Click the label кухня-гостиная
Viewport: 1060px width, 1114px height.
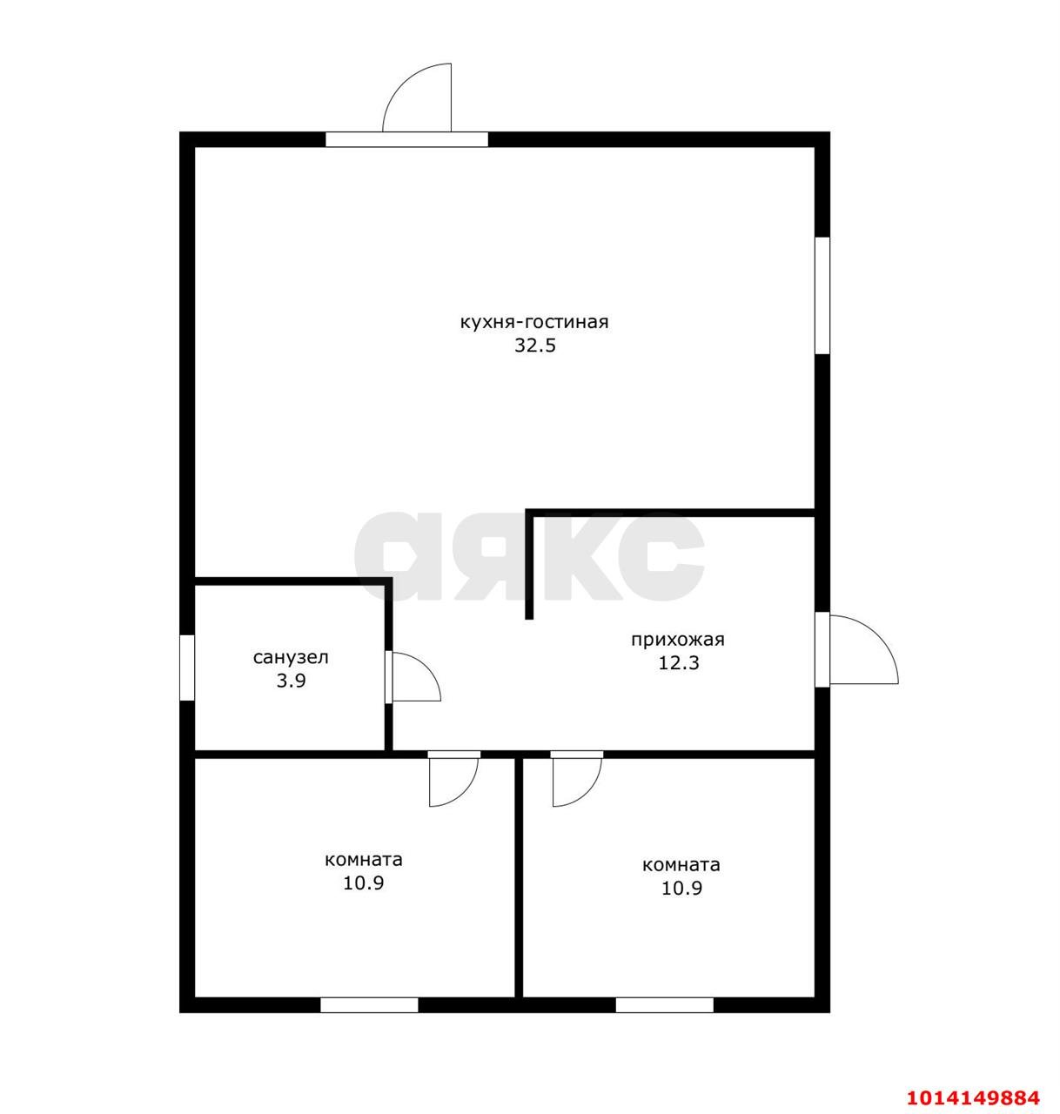click(534, 322)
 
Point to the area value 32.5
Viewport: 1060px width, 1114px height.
click(535, 346)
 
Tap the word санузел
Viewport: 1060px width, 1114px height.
click(291, 657)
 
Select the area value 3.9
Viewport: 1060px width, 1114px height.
click(291, 681)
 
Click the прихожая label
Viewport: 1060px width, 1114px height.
click(678, 640)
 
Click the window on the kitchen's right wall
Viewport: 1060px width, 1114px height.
click(822, 295)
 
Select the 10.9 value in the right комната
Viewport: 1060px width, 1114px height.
click(682, 888)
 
